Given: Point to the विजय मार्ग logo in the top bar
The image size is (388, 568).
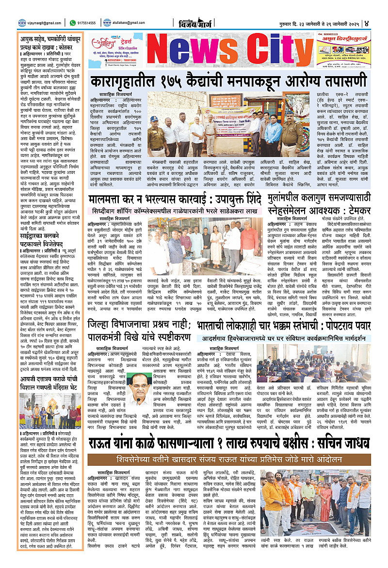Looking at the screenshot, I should [x=194, y=22].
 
